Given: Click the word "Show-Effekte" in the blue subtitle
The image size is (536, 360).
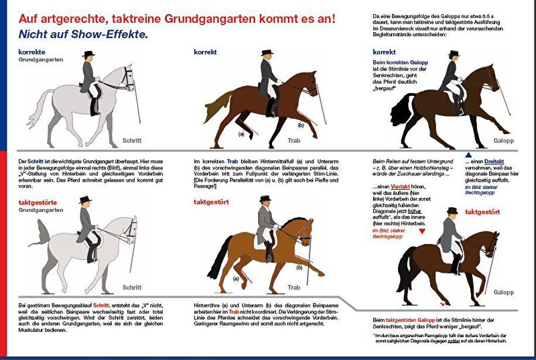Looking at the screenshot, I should click(117, 34).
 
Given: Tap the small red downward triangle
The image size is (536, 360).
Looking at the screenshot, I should click(423, 230).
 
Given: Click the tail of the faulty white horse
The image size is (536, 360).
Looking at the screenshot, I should click(41, 234).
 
